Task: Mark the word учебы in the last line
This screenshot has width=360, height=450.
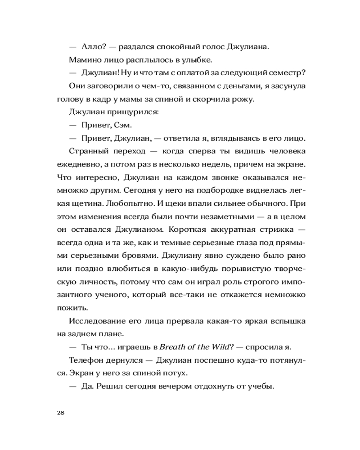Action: coord(261,386)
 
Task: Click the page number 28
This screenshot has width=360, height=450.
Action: coord(61,413)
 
